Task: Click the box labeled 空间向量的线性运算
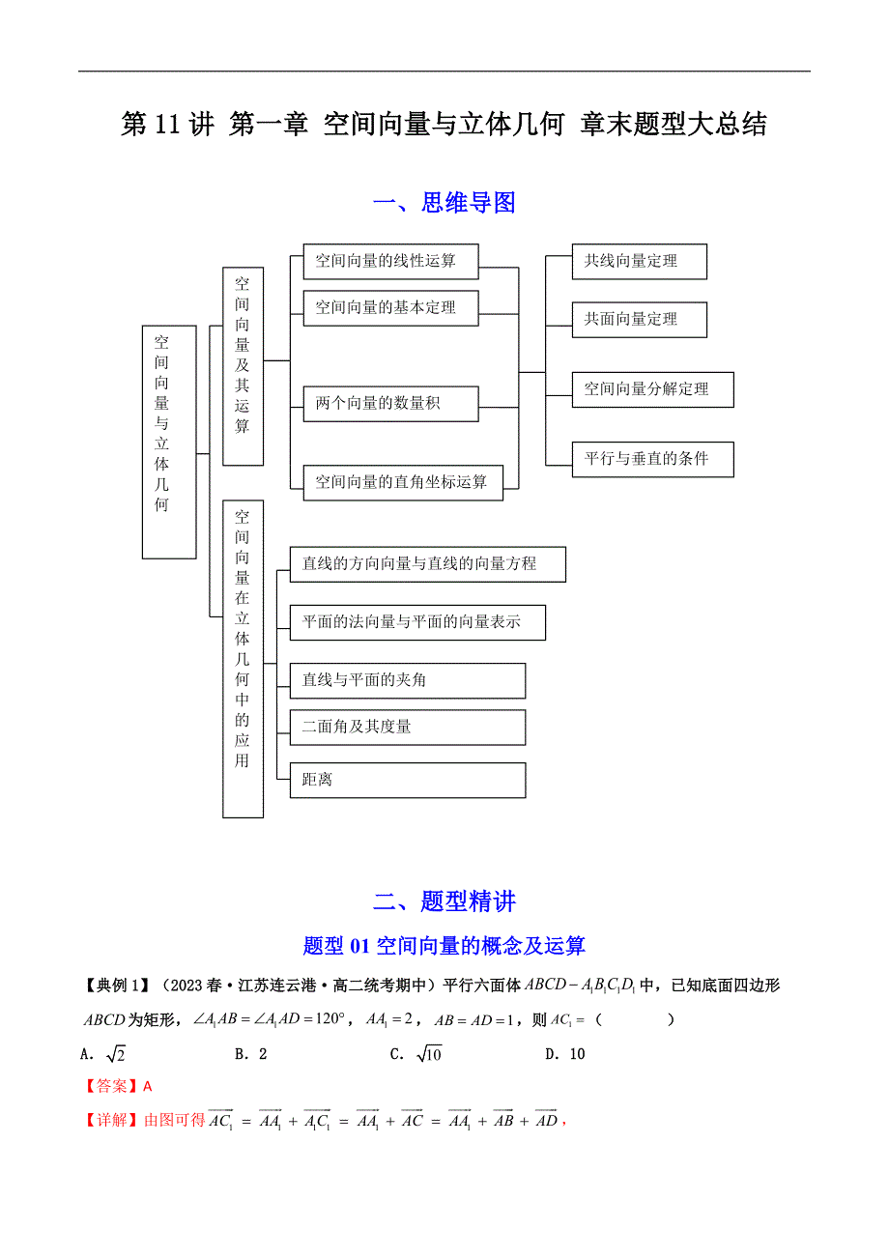click(x=391, y=260)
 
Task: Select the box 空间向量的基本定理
click(x=391, y=308)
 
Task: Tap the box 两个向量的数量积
click(x=391, y=404)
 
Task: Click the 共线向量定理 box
click(x=639, y=262)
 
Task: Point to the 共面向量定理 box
click(x=639, y=320)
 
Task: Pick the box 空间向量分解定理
click(x=652, y=389)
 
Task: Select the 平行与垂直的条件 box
click(x=652, y=459)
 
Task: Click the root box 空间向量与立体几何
click(x=169, y=442)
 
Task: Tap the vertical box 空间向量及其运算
click(x=243, y=366)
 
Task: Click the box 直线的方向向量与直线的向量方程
click(x=427, y=564)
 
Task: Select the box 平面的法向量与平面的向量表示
click(x=417, y=622)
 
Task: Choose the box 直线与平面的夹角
click(x=407, y=680)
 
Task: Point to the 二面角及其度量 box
click(x=407, y=727)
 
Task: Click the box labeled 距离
click(x=407, y=780)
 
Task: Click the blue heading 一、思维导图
click(x=444, y=203)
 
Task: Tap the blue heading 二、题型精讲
click(x=444, y=901)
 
